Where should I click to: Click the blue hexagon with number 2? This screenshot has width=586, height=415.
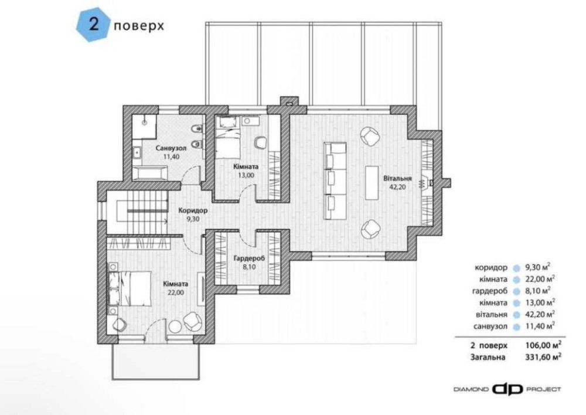(x=93, y=25)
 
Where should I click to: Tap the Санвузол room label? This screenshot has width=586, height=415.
(x=171, y=148)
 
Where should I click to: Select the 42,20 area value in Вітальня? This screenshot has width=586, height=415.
(x=397, y=187)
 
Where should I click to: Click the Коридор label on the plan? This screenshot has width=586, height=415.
(x=192, y=210)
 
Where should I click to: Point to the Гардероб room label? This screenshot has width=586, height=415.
(x=249, y=258)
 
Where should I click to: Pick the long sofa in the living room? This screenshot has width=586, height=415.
(x=335, y=181)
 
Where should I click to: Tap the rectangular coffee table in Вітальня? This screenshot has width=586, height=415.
(x=372, y=183)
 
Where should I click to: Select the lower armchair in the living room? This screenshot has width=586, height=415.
(x=370, y=229)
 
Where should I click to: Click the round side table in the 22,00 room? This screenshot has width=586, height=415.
(x=175, y=326)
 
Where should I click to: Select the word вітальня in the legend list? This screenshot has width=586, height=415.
(x=492, y=314)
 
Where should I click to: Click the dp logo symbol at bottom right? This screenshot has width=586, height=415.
(x=507, y=389)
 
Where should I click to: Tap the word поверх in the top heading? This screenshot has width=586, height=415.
(x=139, y=26)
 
